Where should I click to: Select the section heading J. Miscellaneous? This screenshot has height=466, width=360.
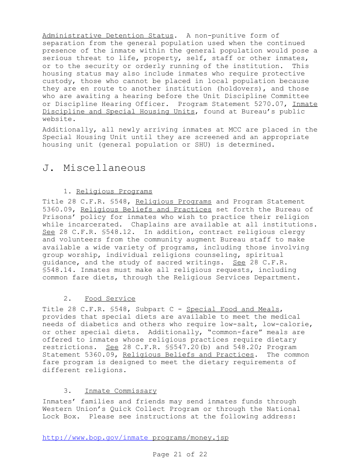94,168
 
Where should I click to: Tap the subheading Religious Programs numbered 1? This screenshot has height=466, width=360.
114,191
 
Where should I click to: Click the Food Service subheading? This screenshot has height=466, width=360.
110,299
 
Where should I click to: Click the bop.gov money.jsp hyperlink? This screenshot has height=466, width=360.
135,438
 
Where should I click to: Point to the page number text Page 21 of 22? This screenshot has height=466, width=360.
180,454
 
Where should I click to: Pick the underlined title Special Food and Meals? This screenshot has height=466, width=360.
232,309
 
